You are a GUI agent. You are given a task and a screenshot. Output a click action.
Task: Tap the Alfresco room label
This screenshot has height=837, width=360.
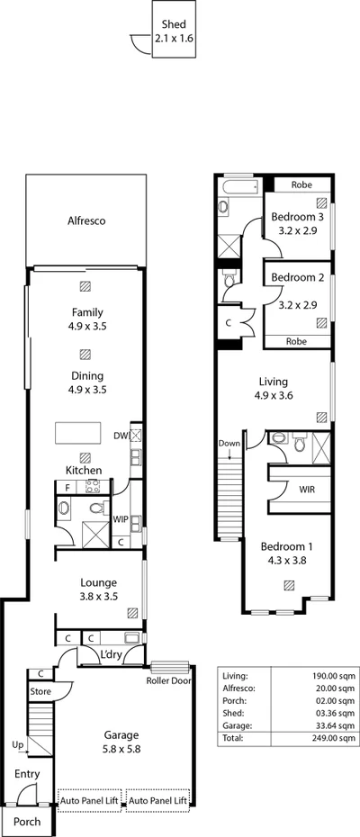pos(86,220)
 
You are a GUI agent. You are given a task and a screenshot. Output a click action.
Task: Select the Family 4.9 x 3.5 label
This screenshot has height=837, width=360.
pos(87,319)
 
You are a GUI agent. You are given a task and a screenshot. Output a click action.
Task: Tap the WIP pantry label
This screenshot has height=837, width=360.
pos(121,519)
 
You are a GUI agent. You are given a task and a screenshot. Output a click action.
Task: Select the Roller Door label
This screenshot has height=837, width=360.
pos(168,680)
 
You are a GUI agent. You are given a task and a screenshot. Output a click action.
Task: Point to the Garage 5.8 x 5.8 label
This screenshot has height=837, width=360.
pos(120,741)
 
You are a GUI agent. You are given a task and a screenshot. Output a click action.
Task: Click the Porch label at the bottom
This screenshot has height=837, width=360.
pos(27,822)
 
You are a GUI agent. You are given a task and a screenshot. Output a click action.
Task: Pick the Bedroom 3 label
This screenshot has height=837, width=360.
pos(297,224)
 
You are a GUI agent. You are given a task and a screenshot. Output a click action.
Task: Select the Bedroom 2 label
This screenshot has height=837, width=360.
pos(297,276)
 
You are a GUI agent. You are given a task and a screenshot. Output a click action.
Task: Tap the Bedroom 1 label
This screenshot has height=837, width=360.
pos(288,552)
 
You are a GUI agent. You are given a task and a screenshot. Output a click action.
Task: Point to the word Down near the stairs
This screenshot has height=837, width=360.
pos(229,444)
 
